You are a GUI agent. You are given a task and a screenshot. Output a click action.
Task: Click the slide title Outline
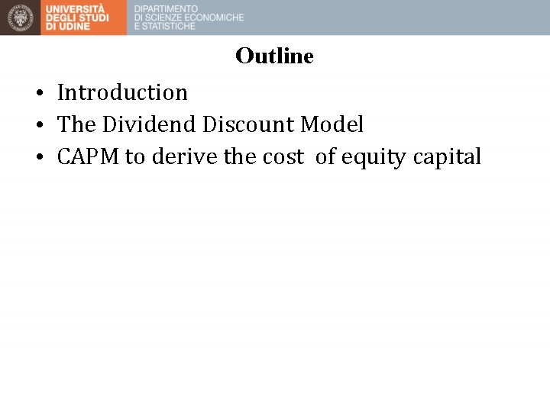274,56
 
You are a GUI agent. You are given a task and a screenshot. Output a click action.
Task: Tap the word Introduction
122,92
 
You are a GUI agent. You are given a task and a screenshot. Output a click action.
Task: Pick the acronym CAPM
89,157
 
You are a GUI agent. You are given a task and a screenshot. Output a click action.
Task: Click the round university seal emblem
21,17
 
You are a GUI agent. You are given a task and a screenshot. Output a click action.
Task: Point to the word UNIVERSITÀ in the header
76,8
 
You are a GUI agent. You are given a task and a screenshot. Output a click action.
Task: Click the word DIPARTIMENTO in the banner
166,8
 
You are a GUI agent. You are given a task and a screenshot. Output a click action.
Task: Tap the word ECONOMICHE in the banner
214,17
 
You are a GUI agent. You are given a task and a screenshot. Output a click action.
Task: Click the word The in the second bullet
74,124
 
